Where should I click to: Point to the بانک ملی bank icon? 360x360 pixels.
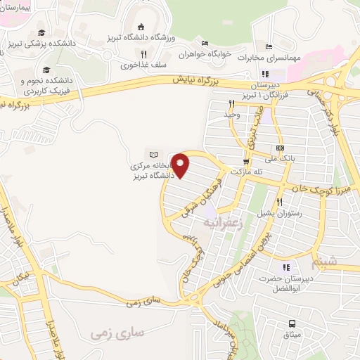[x=280, y=148]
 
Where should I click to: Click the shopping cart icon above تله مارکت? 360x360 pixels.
[x=246, y=160]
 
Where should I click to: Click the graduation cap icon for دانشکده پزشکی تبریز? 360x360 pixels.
[x=42, y=33]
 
